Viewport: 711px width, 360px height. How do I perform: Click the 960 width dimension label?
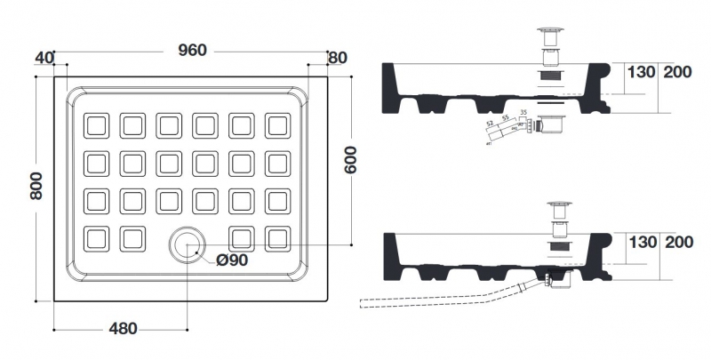tap(192, 50)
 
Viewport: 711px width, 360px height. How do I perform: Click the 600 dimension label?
tap(352, 161)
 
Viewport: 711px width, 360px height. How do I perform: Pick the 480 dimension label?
tap(123, 329)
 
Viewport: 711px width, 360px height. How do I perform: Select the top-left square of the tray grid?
tap(95, 125)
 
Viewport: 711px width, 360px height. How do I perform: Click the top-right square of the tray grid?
tap(277, 125)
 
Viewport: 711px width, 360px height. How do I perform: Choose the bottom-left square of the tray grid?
tap(95, 238)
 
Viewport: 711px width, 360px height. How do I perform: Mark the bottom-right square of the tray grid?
tap(277, 238)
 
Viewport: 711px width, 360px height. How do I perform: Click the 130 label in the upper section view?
tap(642, 73)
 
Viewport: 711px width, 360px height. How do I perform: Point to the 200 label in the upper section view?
tap(678, 73)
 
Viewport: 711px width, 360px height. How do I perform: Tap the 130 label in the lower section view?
tap(642, 242)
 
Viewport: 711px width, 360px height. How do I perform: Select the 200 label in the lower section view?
tap(678, 242)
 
